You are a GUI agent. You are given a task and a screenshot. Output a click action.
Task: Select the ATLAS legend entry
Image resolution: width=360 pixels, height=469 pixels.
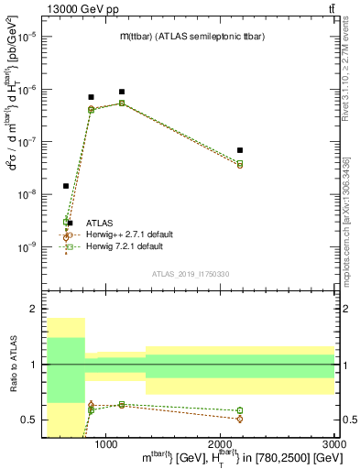(97, 223)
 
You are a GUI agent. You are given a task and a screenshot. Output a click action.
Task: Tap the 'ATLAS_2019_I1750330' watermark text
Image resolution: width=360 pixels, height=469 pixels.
(191, 273)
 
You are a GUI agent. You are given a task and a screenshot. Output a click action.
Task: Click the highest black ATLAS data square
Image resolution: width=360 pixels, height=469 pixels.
(121, 92)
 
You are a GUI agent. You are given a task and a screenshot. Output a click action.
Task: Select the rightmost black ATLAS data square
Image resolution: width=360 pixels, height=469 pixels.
(239, 150)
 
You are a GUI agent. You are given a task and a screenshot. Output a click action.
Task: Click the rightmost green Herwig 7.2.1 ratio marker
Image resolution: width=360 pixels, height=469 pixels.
(239, 410)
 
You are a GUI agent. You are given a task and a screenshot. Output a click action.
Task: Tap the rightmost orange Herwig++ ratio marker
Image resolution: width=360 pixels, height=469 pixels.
(239, 419)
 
